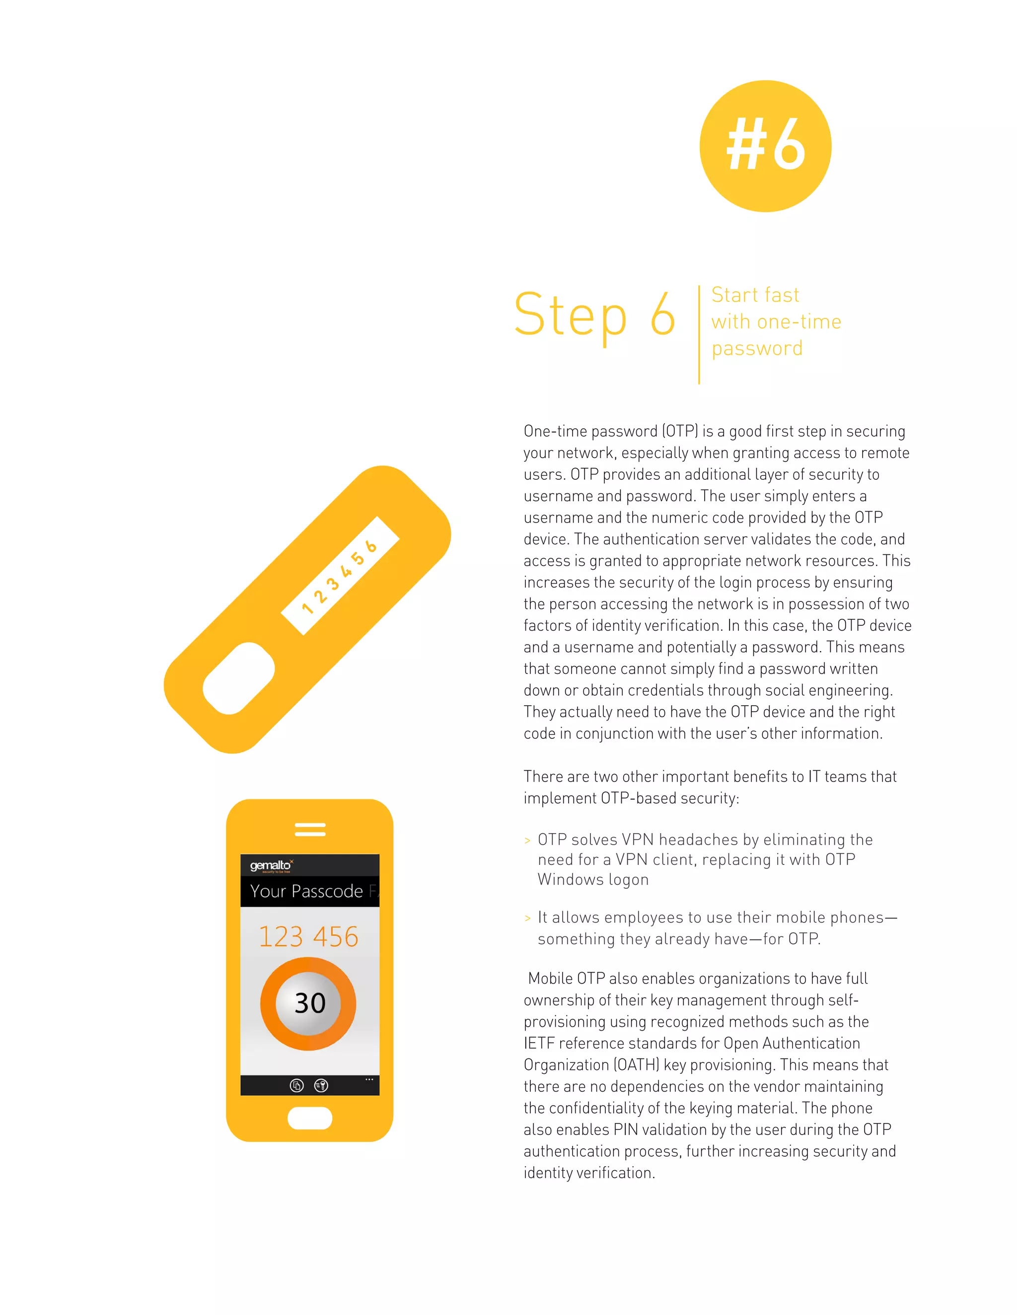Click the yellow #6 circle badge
[x=765, y=146]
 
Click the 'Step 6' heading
[x=594, y=315]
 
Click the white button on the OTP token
[x=238, y=678]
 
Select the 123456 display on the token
[x=340, y=576]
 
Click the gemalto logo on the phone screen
[x=271, y=866]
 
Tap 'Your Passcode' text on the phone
[x=306, y=891]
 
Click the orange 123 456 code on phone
[x=308, y=937]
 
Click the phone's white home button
[x=310, y=1118]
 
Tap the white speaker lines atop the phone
[x=310, y=829]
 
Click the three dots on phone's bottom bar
[x=369, y=1080]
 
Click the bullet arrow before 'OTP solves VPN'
[x=527, y=841]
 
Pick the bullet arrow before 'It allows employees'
[x=527, y=918]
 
